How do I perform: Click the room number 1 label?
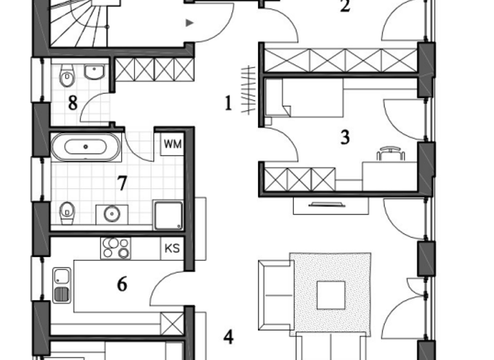pyautogui.click(x=228, y=104)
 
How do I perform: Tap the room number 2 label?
pyautogui.click(x=345, y=7)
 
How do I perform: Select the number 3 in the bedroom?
pyautogui.click(x=345, y=137)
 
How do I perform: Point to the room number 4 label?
pyautogui.click(x=228, y=337)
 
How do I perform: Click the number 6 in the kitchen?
pyautogui.click(x=122, y=283)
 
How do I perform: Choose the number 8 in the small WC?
pyautogui.click(x=73, y=104)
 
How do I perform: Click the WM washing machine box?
pyautogui.click(x=172, y=143)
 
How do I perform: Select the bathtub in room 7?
pyautogui.click(x=86, y=147)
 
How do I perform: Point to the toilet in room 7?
pyautogui.click(x=66, y=212)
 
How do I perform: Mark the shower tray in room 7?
pyautogui.click(x=167, y=213)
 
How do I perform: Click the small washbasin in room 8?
pyautogui.click(x=95, y=72)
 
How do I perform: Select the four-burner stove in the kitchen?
pyautogui.click(x=115, y=248)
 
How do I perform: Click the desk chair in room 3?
pyautogui.click(x=390, y=153)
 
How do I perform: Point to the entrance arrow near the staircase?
pyautogui.click(x=189, y=23)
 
